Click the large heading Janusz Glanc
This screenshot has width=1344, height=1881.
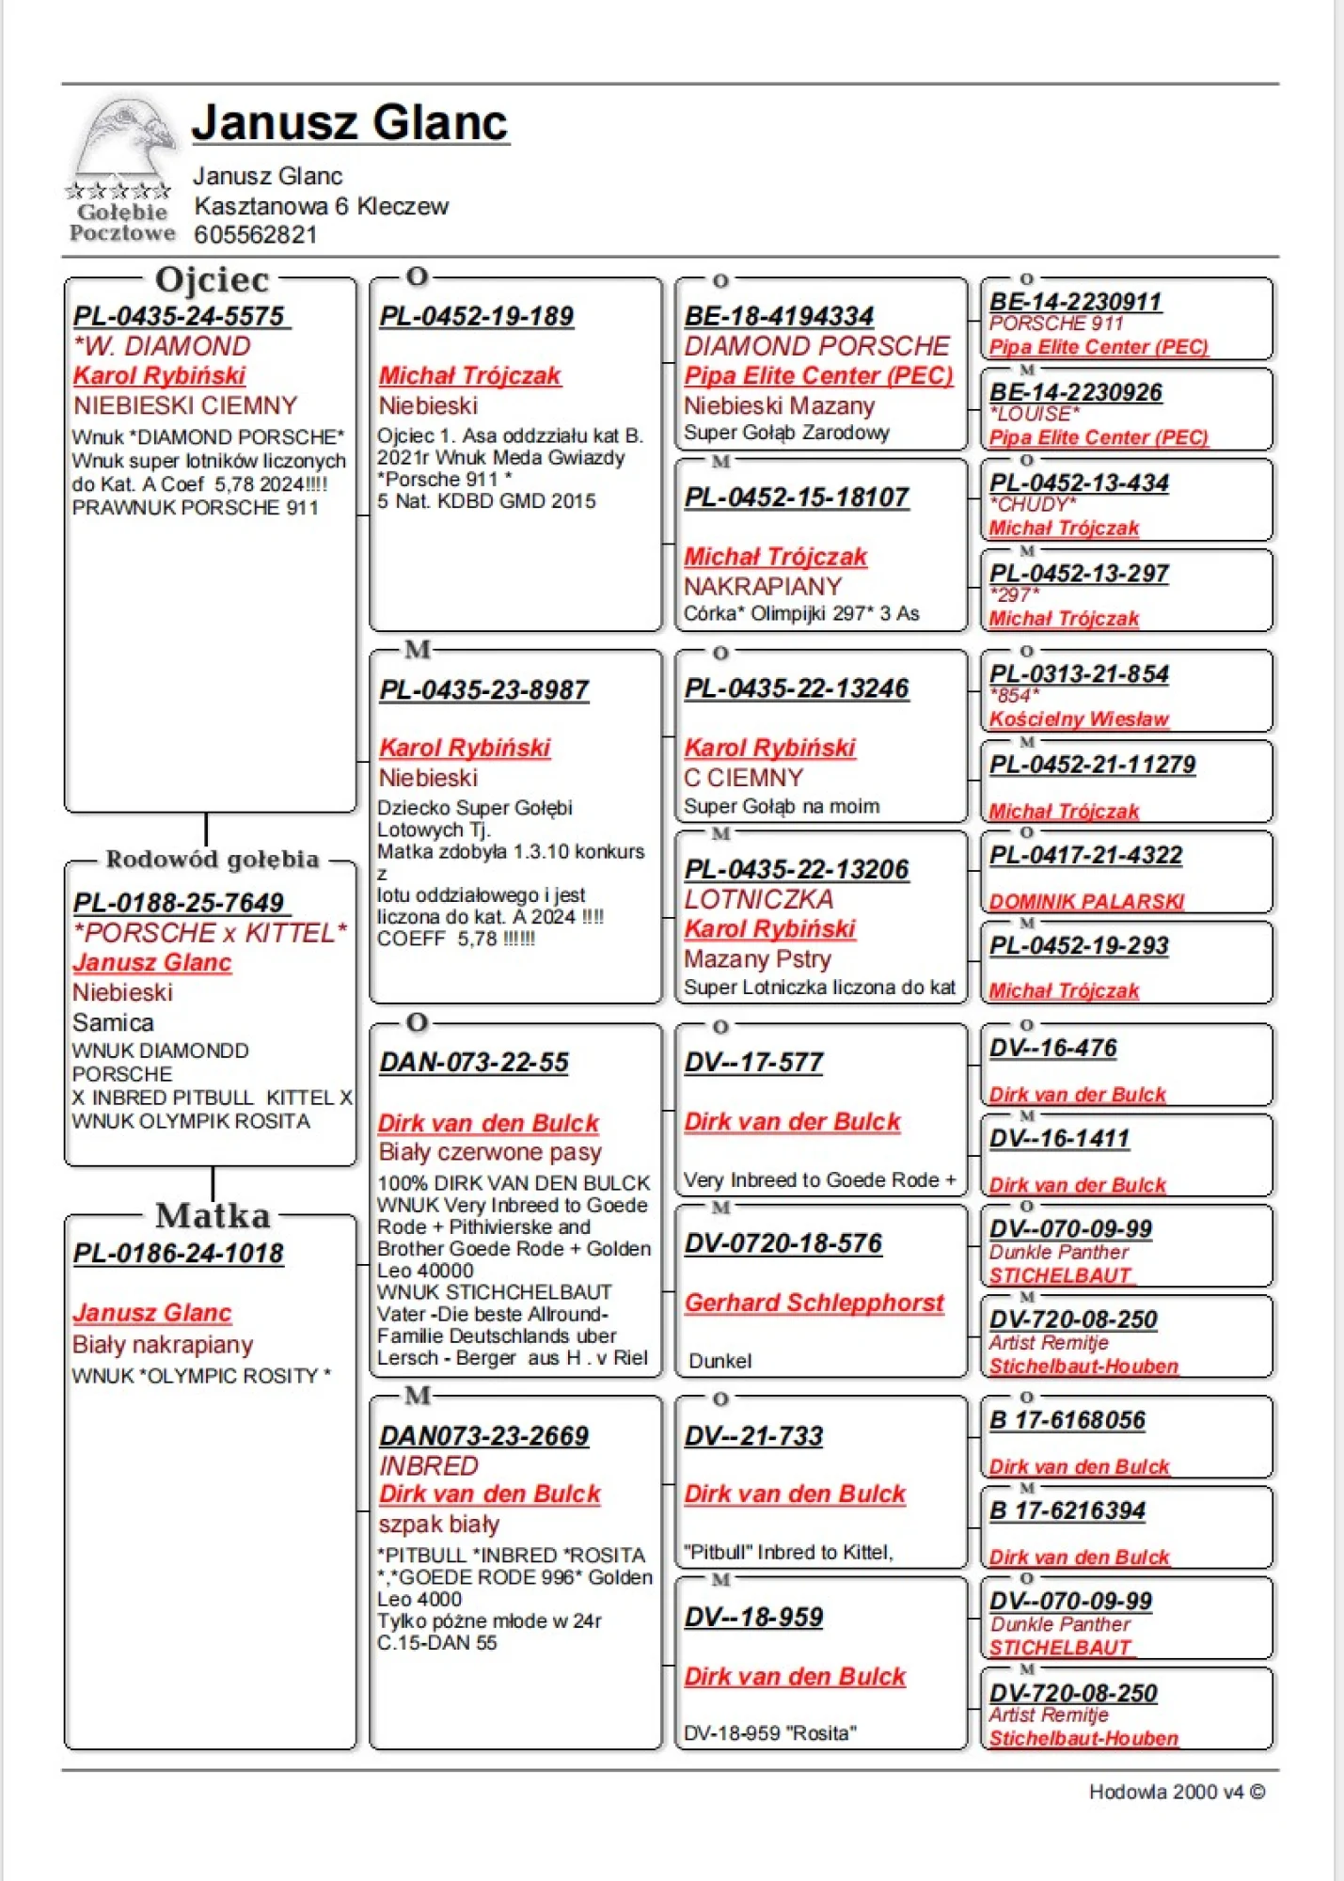click(350, 123)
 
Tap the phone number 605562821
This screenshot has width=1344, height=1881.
click(255, 234)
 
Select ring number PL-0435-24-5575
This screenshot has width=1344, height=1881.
click(180, 317)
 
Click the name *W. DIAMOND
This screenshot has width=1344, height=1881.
click(163, 346)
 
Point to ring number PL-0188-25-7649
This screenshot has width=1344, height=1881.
click(180, 903)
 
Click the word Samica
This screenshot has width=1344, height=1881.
click(113, 1022)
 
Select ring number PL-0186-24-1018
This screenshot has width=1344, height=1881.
click(179, 1254)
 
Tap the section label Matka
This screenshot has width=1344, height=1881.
click(213, 1216)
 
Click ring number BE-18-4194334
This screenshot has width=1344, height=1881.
click(779, 317)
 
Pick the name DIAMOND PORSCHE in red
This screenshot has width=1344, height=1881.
click(816, 346)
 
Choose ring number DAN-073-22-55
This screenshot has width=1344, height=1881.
click(474, 1063)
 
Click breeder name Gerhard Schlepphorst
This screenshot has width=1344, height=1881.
click(814, 1303)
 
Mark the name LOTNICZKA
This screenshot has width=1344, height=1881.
click(758, 899)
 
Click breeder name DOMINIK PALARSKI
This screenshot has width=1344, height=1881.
click(1086, 901)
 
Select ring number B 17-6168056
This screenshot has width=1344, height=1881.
click(1067, 1420)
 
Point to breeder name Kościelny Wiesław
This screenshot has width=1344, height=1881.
click(1079, 719)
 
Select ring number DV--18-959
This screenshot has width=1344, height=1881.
click(753, 1618)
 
